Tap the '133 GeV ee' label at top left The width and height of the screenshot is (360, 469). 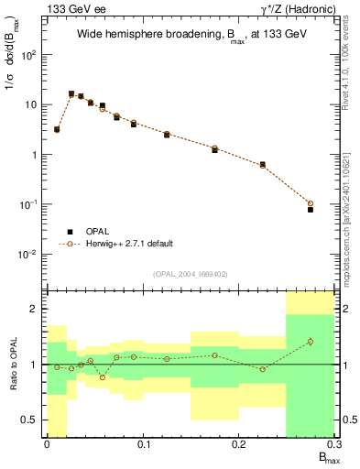[72, 8]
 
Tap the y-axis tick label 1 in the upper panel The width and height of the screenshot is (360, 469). [36, 154]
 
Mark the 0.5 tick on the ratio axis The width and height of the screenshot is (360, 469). [31, 420]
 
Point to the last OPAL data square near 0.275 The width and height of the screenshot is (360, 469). [311, 210]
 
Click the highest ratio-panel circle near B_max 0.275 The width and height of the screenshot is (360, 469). [311, 342]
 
